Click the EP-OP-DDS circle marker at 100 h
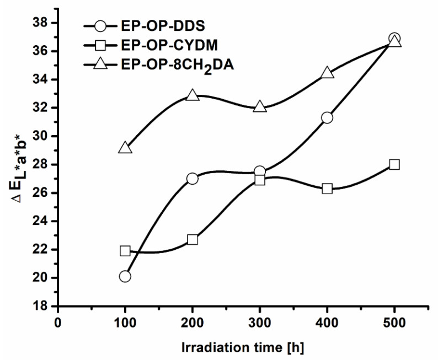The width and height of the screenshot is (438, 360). pyautogui.click(x=125, y=276)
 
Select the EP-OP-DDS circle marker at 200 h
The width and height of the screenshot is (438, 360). pyautogui.click(x=193, y=179)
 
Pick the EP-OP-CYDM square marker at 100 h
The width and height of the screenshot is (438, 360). pyautogui.click(x=125, y=251)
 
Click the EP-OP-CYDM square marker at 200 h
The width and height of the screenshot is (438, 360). pyautogui.click(x=193, y=239)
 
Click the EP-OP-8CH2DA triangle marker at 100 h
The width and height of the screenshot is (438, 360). pyautogui.click(x=125, y=148)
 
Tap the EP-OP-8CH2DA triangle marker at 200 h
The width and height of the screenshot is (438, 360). pyautogui.click(x=193, y=95)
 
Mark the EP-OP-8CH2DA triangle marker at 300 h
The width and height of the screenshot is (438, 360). pyautogui.click(x=260, y=107)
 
